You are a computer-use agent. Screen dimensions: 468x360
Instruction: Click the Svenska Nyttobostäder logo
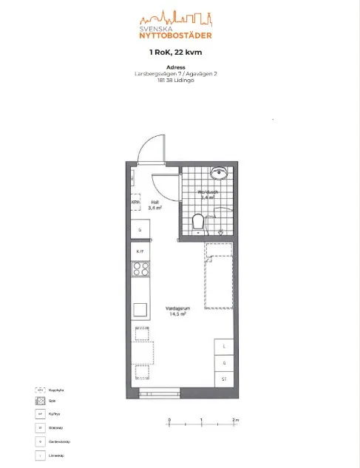click(x=175, y=25)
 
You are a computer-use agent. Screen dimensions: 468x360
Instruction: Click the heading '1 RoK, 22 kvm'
click(x=175, y=52)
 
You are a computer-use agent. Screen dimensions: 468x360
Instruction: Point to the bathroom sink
click(x=219, y=174)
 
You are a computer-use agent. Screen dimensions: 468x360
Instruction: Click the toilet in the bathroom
click(x=197, y=221)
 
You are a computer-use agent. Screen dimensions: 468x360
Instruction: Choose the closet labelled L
click(x=224, y=346)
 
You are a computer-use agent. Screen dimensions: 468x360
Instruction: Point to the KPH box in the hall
click(x=136, y=202)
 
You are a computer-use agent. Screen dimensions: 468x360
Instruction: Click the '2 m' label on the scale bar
click(x=235, y=421)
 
